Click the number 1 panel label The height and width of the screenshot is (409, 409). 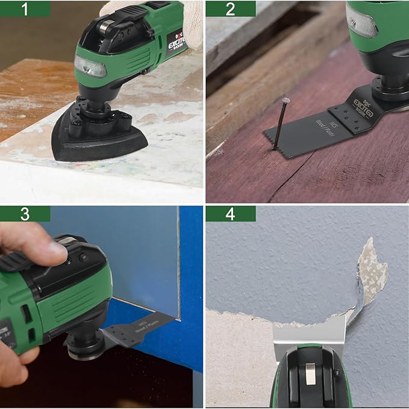[x=25, y=8]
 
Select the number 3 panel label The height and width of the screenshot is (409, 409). [x=25, y=214]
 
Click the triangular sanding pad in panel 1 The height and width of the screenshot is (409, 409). [x=99, y=138]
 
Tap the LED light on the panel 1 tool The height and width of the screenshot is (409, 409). [x=90, y=67]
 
